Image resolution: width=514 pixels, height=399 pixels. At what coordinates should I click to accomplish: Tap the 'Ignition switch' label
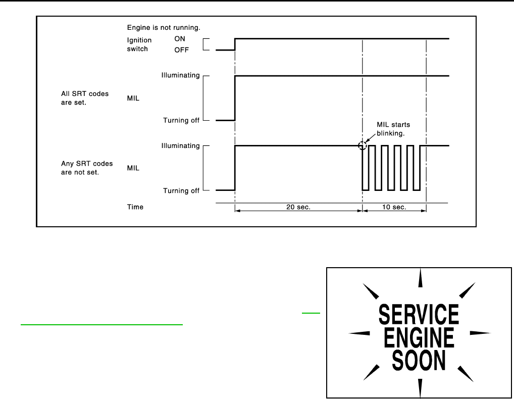[139, 44]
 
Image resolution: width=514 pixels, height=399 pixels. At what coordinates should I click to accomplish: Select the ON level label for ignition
[180, 39]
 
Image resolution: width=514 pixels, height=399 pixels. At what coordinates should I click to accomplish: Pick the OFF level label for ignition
[181, 49]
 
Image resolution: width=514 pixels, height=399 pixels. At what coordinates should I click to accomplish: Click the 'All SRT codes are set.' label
[84, 97]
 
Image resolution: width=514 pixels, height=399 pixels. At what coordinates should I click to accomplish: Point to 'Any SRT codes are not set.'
[86, 168]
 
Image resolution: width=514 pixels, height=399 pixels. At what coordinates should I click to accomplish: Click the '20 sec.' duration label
[299, 207]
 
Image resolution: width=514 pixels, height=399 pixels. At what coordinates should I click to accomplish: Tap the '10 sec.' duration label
[394, 207]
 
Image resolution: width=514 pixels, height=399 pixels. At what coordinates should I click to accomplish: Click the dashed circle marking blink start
[362, 145]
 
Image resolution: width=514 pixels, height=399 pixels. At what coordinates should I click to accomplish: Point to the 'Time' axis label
[135, 207]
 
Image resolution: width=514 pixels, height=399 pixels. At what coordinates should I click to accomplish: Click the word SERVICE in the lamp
[419, 314]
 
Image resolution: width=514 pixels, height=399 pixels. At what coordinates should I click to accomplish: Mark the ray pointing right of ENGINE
[480, 333]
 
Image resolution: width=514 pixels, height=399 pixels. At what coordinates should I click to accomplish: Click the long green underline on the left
[101, 325]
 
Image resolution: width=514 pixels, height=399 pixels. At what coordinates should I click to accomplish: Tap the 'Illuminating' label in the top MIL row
[180, 76]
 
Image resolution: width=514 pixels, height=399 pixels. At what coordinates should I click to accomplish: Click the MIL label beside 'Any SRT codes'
[133, 168]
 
